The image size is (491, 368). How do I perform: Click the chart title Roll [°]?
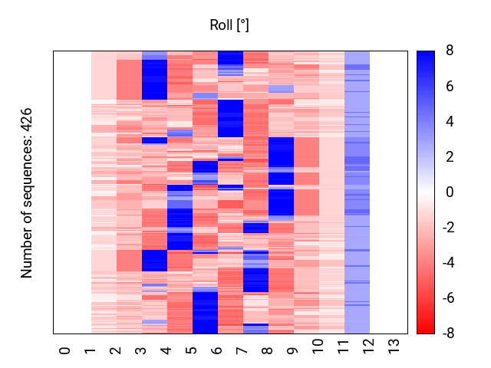point(229,25)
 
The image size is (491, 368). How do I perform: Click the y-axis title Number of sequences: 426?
point(27,192)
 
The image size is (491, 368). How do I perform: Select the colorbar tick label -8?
point(447,333)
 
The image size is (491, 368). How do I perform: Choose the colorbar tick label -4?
point(447,263)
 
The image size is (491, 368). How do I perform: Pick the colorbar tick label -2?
point(447,228)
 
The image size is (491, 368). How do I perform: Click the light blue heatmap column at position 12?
point(357,192)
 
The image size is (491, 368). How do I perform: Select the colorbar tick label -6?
point(447,298)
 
